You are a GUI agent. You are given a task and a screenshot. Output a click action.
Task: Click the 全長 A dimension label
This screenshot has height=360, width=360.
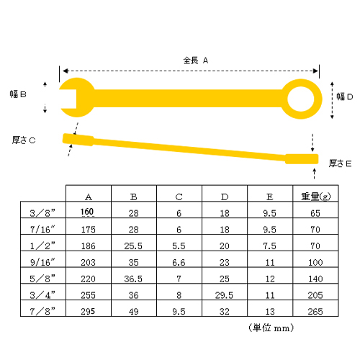(x=196, y=60)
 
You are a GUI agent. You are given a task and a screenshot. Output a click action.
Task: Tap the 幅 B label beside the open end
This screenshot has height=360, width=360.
(x=18, y=94)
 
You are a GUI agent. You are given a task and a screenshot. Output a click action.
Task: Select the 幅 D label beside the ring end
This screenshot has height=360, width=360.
(x=344, y=96)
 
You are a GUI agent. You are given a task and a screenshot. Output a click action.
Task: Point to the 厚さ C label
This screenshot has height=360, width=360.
(x=24, y=140)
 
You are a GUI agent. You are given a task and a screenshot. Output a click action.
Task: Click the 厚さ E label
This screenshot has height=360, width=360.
(x=340, y=163)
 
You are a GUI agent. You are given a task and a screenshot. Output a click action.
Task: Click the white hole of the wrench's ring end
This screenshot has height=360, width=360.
(x=301, y=99)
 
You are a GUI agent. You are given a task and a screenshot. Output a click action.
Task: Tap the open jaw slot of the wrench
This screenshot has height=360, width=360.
(x=68, y=99)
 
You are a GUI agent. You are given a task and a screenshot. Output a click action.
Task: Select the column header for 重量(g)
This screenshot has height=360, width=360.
(x=315, y=197)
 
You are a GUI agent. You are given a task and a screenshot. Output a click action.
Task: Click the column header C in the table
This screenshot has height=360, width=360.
(x=179, y=197)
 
